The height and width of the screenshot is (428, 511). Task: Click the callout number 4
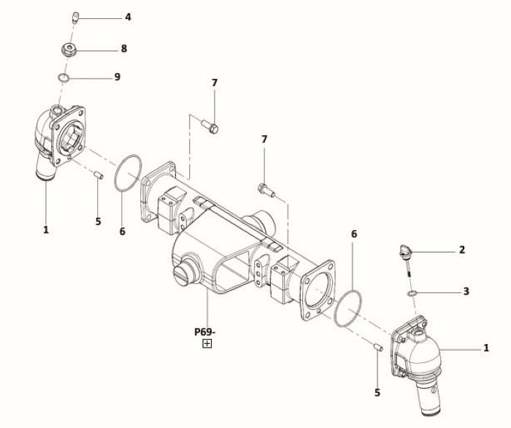point(128,17)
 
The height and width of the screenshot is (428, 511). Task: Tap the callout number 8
point(124,48)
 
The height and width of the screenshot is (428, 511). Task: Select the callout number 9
point(118,77)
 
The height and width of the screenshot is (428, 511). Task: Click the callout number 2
point(462,250)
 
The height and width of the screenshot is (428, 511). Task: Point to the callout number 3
point(466,291)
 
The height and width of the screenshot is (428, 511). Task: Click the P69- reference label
point(205,332)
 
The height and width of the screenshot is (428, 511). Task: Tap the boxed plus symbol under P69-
point(207,343)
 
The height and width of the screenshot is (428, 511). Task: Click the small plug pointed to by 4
point(75,18)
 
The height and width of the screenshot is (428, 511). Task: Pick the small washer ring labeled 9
point(64,77)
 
